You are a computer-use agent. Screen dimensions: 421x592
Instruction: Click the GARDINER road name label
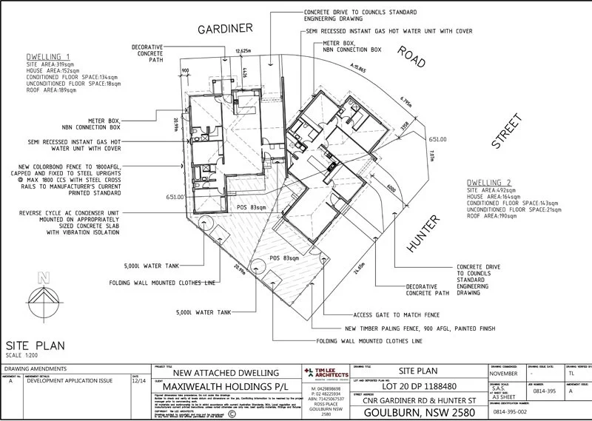point(225,29)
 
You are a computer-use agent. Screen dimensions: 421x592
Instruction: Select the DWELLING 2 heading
point(489,182)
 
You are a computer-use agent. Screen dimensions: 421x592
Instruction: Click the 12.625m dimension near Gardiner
point(243,51)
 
